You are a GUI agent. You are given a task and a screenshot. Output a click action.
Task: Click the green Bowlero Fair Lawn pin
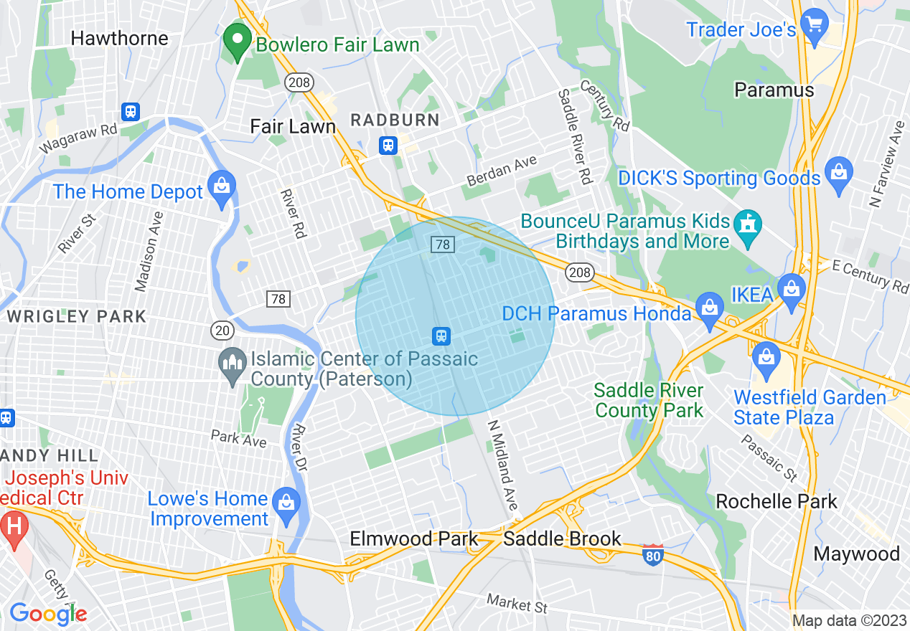click(236, 42)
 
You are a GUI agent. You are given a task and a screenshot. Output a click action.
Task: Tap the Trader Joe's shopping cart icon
click(814, 27)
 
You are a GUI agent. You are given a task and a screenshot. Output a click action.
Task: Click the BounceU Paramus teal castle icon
click(749, 229)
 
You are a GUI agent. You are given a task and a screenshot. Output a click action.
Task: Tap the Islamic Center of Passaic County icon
click(232, 366)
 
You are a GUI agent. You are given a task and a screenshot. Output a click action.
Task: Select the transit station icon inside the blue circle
click(441, 335)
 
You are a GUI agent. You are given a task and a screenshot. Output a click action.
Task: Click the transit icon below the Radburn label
click(388, 146)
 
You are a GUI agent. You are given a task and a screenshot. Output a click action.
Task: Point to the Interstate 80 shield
click(652, 555)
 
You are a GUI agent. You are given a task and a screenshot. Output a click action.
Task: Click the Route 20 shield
click(222, 330)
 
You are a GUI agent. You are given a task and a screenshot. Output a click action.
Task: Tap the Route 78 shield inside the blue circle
click(442, 245)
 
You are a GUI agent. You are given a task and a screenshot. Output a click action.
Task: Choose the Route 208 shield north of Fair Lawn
click(299, 82)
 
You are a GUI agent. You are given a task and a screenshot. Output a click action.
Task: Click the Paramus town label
click(774, 90)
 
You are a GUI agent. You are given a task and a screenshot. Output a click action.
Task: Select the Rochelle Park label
click(777, 501)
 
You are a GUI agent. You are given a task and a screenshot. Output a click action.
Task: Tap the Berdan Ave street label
click(502, 172)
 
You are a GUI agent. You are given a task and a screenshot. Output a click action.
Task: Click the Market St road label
click(517, 604)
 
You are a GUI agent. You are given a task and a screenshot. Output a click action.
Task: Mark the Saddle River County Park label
click(649, 400)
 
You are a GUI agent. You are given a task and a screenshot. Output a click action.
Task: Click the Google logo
click(47, 615)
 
